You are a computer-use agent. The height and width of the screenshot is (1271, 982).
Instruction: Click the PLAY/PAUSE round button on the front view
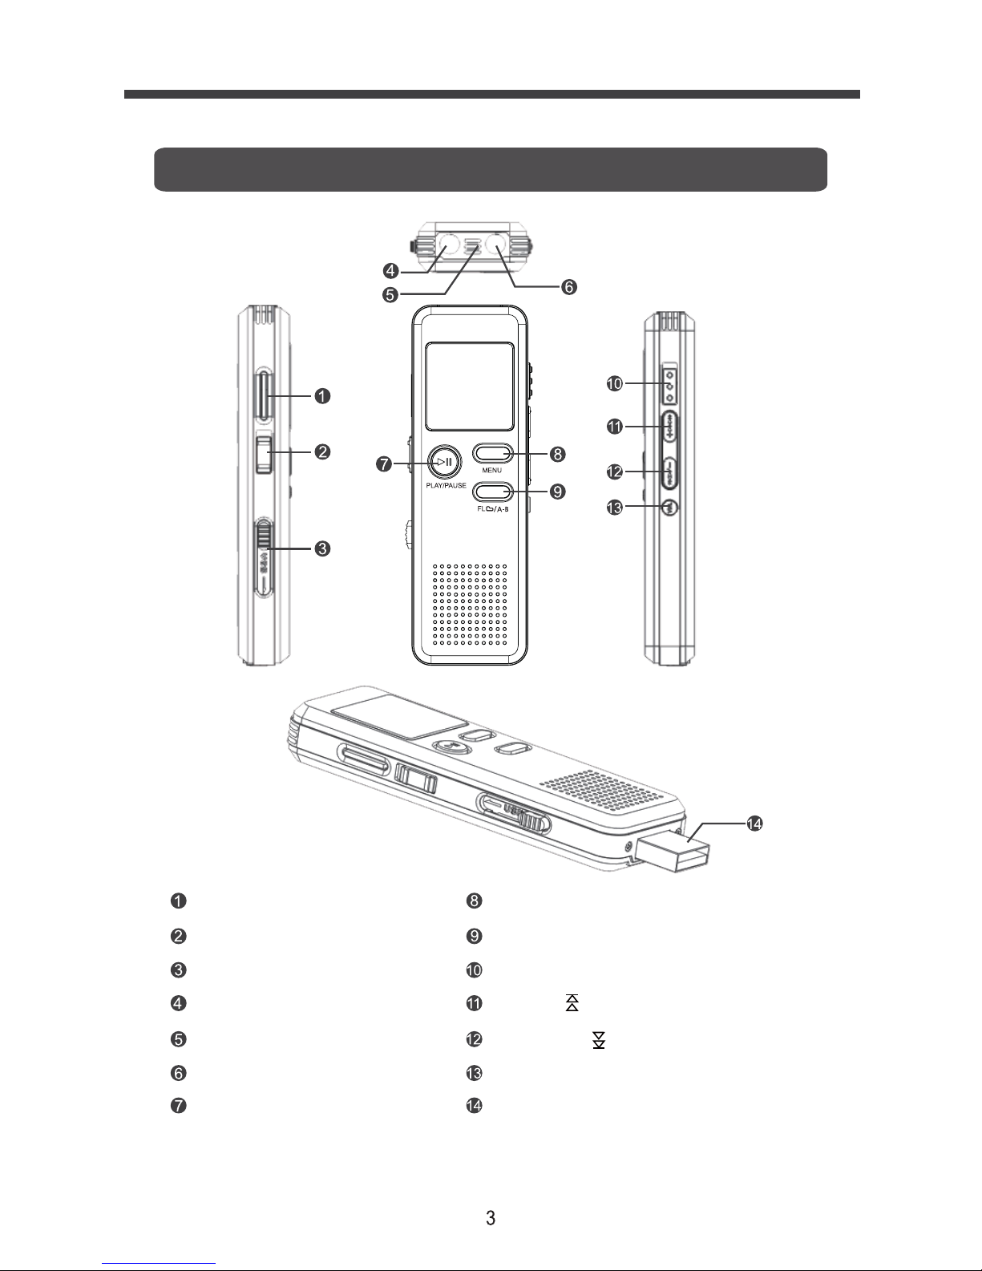[x=443, y=461]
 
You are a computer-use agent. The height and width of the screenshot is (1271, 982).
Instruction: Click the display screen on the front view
[x=469, y=386]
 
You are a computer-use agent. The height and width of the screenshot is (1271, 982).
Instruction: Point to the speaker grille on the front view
[x=471, y=605]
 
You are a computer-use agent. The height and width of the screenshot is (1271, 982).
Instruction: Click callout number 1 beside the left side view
[x=321, y=396]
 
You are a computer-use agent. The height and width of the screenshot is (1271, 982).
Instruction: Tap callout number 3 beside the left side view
[x=321, y=548]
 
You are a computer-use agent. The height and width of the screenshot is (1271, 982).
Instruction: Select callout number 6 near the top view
[x=569, y=286]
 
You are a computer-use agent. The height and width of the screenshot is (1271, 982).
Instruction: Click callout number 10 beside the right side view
[x=614, y=384]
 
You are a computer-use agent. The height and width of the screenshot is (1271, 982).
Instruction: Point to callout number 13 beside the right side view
[x=614, y=507]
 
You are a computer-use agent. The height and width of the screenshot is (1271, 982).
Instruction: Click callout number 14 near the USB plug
[x=754, y=823]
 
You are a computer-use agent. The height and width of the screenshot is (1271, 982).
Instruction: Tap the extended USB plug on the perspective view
[x=673, y=853]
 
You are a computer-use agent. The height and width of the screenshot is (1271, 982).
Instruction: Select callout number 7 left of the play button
[x=385, y=463]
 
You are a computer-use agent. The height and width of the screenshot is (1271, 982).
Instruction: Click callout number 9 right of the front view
[x=557, y=491]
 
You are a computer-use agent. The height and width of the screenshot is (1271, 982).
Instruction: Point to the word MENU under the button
[x=492, y=470]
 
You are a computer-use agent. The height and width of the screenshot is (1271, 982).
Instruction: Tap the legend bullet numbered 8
[x=474, y=901]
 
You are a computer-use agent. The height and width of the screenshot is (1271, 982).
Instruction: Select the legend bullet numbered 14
[x=474, y=1106]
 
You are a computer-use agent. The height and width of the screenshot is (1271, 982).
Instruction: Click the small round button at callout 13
[x=670, y=507]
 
